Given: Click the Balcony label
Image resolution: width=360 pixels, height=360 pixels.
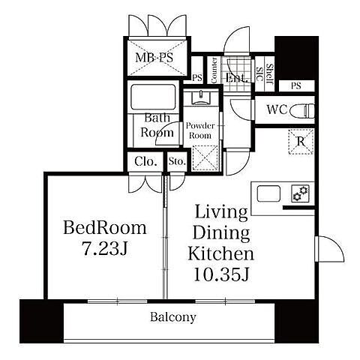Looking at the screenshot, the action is [173, 317].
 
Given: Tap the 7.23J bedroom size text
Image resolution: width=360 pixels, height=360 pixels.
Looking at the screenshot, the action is [105, 249].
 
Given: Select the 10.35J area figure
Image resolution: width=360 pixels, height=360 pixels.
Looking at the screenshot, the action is [221, 274].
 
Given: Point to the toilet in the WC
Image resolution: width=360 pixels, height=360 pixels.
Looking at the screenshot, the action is [303, 110].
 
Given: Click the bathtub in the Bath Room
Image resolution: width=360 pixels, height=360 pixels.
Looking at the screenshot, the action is [153, 97].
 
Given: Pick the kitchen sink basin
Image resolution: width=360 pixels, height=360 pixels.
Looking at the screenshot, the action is [268, 193].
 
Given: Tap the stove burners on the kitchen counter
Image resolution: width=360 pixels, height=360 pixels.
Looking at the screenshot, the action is [300, 193].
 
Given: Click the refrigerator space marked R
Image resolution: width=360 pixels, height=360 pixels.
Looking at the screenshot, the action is [301, 142].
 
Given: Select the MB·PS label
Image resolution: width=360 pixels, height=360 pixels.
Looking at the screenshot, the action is [154, 58].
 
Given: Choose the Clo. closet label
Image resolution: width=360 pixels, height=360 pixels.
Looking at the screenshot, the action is [145, 162].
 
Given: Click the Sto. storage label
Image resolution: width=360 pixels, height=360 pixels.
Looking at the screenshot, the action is [177, 161].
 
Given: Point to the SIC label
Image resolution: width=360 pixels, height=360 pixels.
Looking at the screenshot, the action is [259, 74].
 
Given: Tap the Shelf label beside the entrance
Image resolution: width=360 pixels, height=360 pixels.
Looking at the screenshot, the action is [270, 73].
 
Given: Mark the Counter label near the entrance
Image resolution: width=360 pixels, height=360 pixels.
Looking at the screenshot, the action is [214, 70].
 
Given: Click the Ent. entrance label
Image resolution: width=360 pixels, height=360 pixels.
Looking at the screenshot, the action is [236, 78].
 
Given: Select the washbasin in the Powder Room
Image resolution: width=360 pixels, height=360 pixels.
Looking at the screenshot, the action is [201, 97].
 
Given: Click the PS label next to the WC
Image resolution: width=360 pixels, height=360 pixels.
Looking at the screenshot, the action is [296, 86].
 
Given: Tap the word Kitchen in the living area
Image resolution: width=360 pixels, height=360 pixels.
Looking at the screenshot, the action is [221, 253].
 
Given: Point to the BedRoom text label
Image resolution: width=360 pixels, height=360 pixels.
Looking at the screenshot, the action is [105, 228].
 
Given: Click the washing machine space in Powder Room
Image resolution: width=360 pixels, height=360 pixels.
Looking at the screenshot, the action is [205, 158].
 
